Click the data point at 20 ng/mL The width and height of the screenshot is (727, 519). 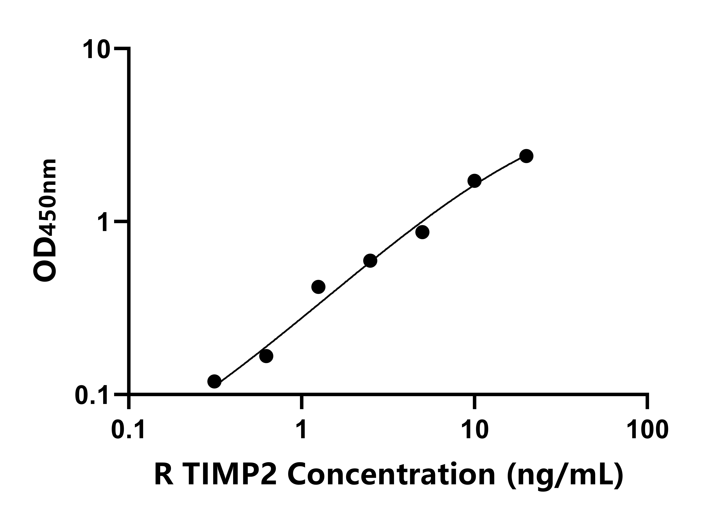click(526, 156)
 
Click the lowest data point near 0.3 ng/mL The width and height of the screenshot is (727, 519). click(214, 381)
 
